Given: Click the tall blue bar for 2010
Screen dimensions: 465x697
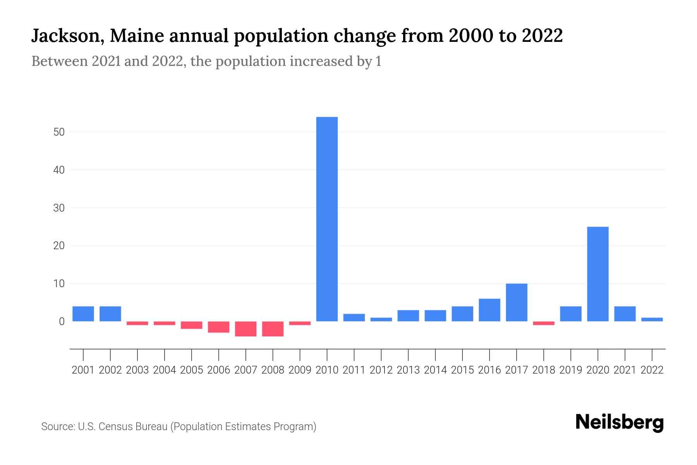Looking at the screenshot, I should pyautogui.click(x=327, y=219).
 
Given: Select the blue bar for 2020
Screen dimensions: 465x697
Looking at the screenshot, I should pyautogui.click(x=597, y=274).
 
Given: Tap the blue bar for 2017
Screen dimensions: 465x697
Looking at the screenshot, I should pyautogui.click(x=516, y=302).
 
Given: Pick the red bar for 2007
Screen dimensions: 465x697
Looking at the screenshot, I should pyautogui.click(x=245, y=329).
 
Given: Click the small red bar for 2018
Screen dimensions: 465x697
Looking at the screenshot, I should pyautogui.click(x=543, y=323).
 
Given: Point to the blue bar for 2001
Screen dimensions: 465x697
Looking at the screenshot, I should pyautogui.click(x=83, y=314).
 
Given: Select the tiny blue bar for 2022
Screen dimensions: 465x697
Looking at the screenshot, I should pyautogui.click(x=652, y=319).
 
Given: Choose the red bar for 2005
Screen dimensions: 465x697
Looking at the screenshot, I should pyautogui.click(x=191, y=325).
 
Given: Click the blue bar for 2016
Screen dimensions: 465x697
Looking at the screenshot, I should pyautogui.click(x=489, y=310).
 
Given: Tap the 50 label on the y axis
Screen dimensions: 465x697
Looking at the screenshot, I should pyautogui.click(x=59, y=132).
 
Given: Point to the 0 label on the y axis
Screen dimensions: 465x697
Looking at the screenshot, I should pyautogui.click(x=62, y=322).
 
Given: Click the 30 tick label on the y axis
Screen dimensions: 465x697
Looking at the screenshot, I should pyautogui.click(x=59, y=208).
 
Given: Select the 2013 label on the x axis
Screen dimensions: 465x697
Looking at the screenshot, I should pyautogui.click(x=408, y=370).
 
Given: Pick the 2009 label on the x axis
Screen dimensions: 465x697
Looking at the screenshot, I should pyautogui.click(x=300, y=370).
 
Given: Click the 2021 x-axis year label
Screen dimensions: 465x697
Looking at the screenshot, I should pyautogui.click(x=625, y=370).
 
